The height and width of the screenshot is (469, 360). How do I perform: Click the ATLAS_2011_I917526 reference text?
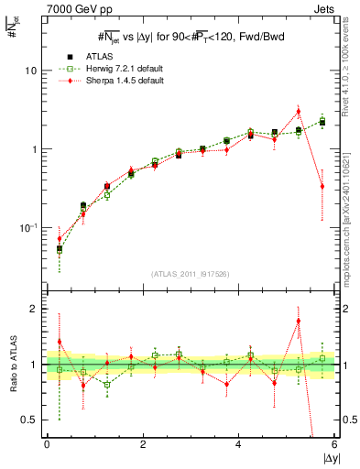[189, 274]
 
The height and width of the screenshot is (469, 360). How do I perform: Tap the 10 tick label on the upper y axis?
[30, 71]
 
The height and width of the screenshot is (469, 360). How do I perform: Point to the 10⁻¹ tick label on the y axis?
[28, 227]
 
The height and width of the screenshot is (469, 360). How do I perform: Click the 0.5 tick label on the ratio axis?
[28, 420]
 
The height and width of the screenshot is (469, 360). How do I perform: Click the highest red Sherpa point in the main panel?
[298, 112]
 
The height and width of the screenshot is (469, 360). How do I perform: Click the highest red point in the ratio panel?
[298, 322]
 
